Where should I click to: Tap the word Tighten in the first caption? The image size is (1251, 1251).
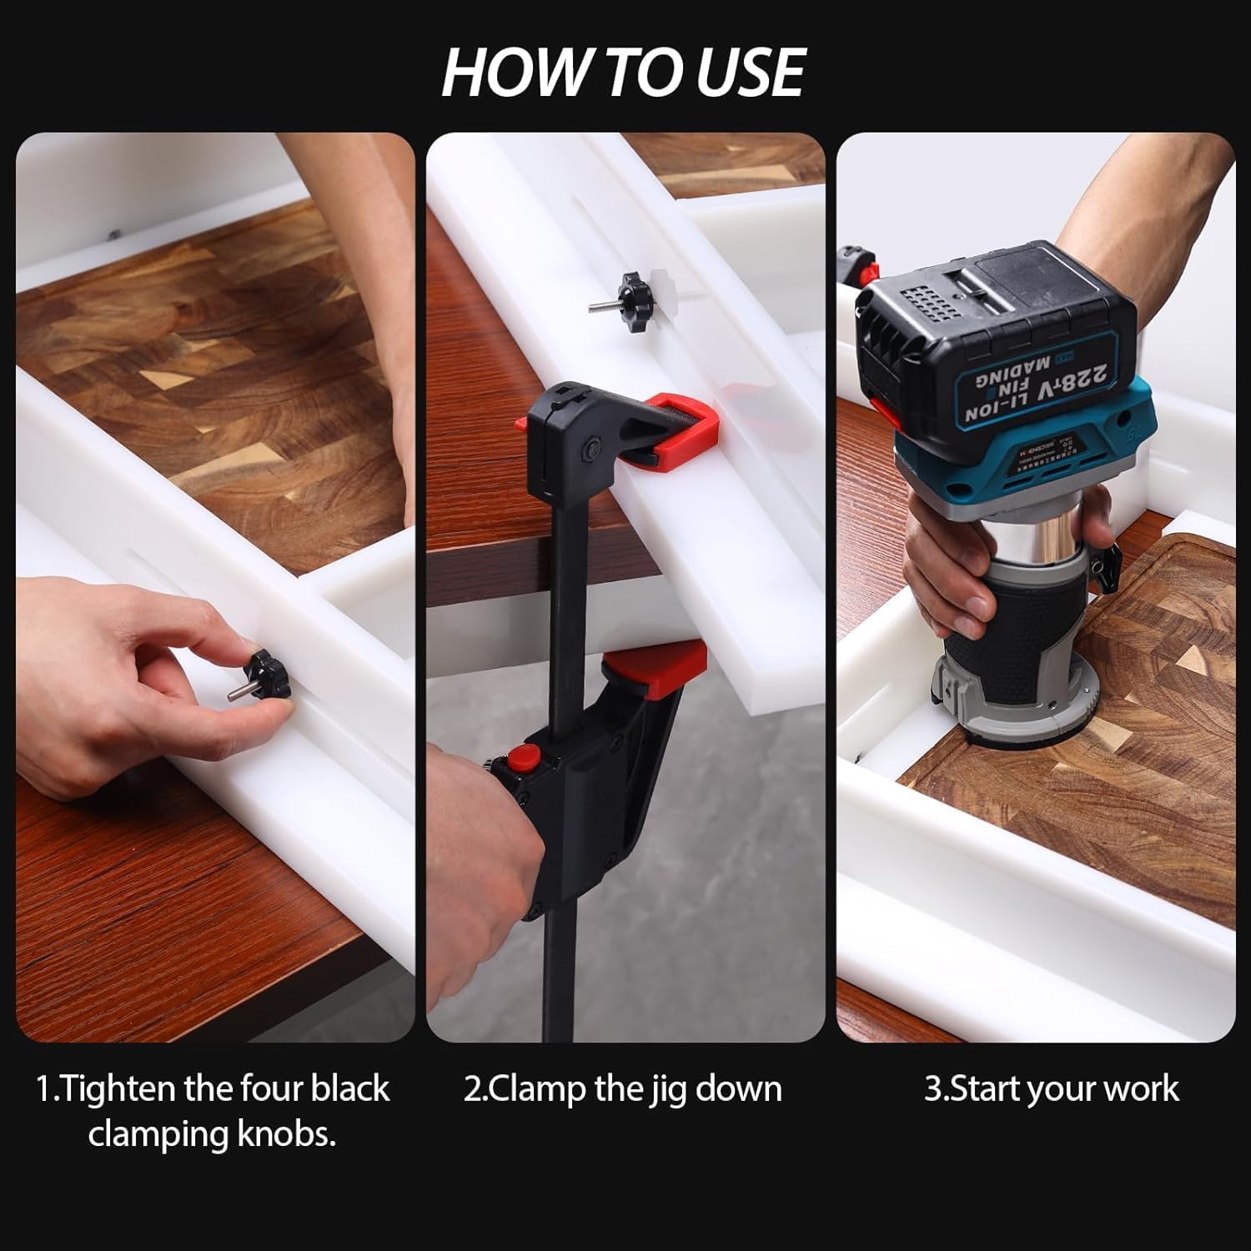[116, 1089]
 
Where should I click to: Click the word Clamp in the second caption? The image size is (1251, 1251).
[537, 1089]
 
